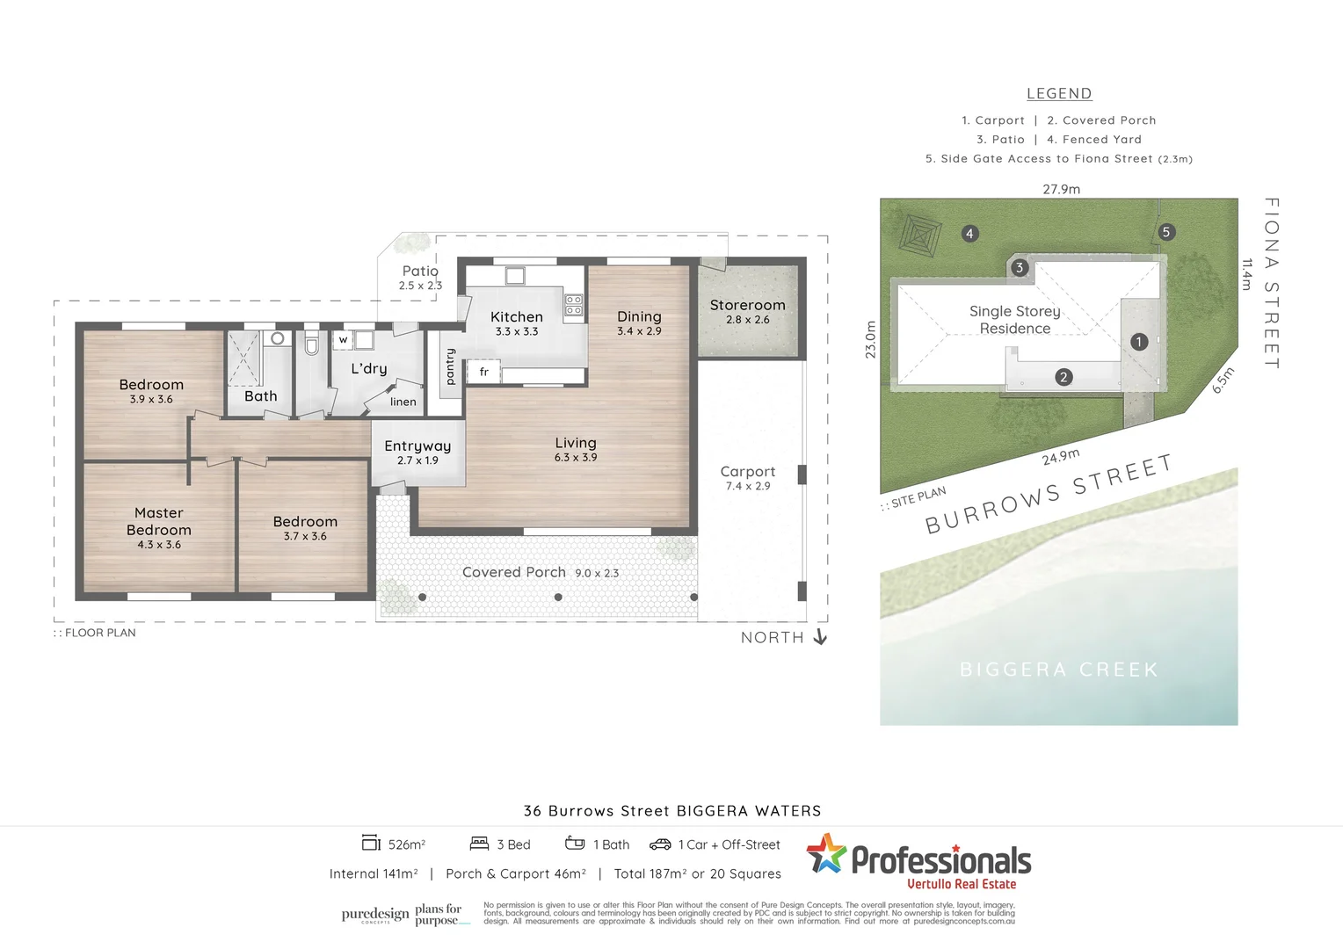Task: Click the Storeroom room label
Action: click(747, 305)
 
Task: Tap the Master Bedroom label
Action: click(159, 521)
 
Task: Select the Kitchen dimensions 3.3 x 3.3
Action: click(517, 332)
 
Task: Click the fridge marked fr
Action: click(483, 372)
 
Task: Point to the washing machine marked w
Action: click(343, 340)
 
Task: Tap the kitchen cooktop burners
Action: click(573, 305)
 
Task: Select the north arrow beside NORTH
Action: click(820, 637)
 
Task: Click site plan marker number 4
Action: click(969, 233)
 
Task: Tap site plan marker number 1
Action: click(1139, 342)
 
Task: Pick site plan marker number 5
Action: click(1166, 232)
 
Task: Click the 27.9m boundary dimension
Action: click(1061, 189)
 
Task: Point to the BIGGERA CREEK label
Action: click(1059, 670)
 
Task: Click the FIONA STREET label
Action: click(1271, 283)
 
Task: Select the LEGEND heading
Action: click(1059, 94)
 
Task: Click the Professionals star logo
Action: click(826, 854)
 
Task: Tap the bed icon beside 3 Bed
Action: click(479, 844)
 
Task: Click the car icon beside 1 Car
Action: click(660, 844)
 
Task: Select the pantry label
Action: click(451, 366)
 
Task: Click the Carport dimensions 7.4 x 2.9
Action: click(748, 487)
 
